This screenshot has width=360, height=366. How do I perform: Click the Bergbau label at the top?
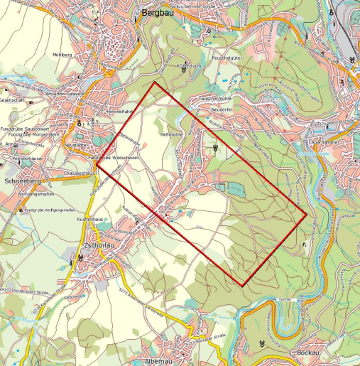(157, 13)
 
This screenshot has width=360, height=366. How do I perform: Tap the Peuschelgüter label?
(227, 57)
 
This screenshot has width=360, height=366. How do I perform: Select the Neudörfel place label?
(222, 110)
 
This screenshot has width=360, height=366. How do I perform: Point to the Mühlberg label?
(62, 54)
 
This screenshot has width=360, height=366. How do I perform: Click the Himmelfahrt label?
(119, 112)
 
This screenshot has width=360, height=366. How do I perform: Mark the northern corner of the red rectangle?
(155, 82)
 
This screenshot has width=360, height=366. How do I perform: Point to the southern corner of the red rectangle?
(243, 286)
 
